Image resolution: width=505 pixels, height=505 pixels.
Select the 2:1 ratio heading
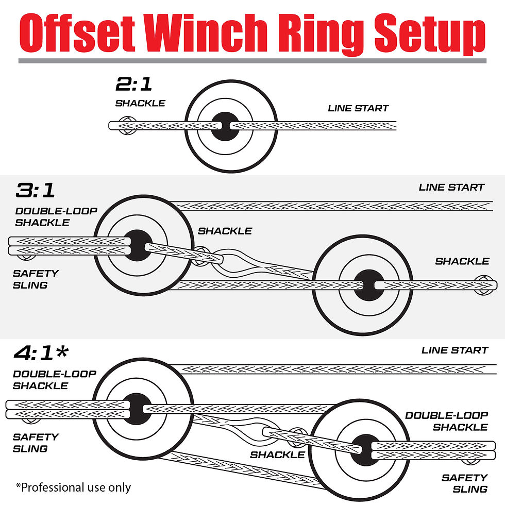(134, 85)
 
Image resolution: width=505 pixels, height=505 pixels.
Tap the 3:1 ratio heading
(35, 190)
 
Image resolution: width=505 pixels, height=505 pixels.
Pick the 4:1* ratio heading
(40, 353)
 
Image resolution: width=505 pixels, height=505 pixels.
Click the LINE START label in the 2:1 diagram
(358, 108)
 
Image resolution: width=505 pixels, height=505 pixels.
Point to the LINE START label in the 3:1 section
(451, 187)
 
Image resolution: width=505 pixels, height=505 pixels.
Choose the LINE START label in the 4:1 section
(454, 350)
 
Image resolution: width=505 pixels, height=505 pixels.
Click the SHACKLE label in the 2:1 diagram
(140, 103)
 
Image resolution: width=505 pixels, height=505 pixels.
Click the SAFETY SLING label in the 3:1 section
(36, 279)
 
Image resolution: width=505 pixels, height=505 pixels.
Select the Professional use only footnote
(73, 487)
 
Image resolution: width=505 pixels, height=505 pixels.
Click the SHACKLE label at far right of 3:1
(462, 261)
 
